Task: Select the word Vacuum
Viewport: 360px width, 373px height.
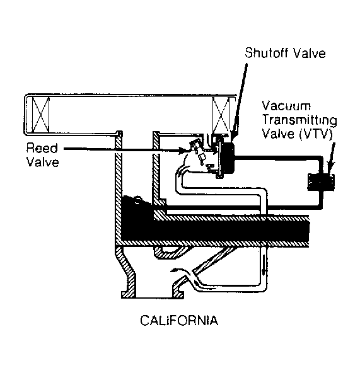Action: click(x=286, y=106)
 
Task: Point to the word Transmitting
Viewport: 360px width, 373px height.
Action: click(x=299, y=120)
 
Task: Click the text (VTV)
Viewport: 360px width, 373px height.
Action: click(x=316, y=134)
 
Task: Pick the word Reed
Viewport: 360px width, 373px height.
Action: click(x=42, y=147)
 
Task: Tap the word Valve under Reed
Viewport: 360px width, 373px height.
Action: click(x=42, y=162)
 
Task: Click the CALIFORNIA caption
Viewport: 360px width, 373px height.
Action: click(x=179, y=320)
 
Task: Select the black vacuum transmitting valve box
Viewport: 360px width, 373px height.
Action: click(x=321, y=182)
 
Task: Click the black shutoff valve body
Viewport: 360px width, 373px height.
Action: click(x=228, y=158)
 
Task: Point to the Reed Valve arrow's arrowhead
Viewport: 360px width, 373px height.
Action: click(x=182, y=151)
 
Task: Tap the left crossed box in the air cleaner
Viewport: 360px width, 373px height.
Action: click(x=41, y=115)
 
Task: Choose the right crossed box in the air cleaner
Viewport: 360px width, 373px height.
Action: click(x=221, y=115)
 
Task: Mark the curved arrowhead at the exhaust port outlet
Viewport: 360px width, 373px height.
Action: click(x=175, y=270)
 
